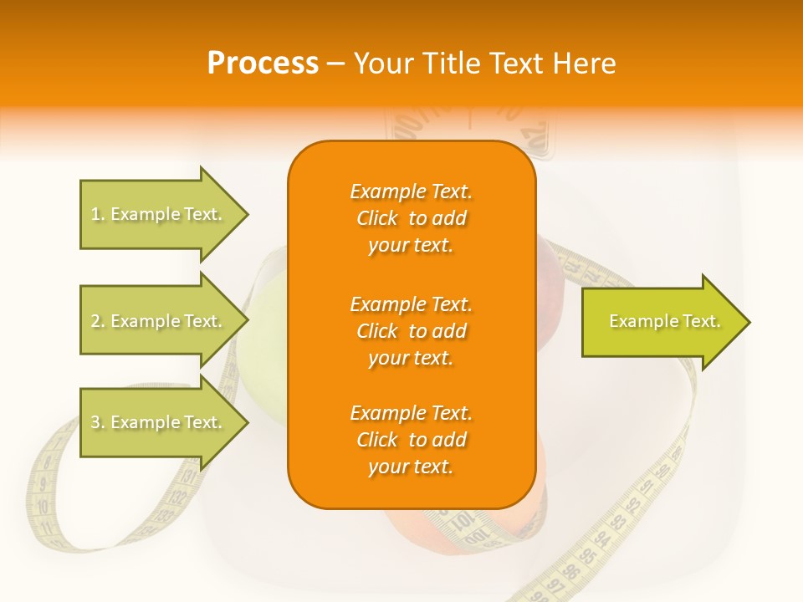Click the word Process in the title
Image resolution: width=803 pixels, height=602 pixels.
(263, 64)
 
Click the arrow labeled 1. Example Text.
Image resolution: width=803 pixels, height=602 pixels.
(159, 214)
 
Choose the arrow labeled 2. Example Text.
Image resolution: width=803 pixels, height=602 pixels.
(159, 321)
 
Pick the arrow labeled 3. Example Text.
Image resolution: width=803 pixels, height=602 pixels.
(159, 422)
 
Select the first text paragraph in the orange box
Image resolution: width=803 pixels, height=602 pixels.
(411, 218)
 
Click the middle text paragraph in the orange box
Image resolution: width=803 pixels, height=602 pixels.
(411, 331)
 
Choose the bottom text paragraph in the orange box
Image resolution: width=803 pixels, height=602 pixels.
(411, 440)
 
